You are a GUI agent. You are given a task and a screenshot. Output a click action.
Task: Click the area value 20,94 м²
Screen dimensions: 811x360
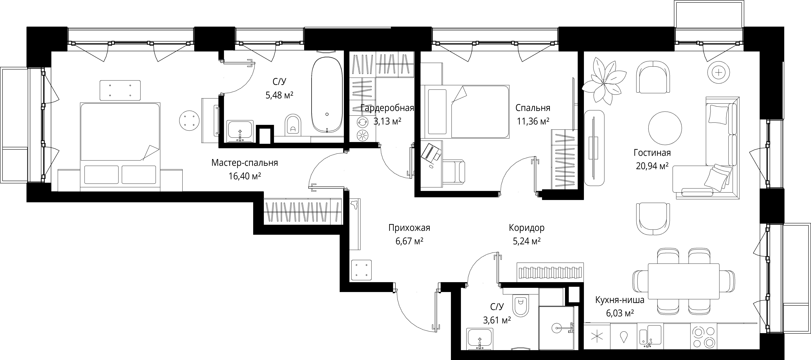(x=652, y=166)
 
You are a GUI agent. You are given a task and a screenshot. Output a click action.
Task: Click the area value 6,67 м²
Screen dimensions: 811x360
(x=409, y=241)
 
